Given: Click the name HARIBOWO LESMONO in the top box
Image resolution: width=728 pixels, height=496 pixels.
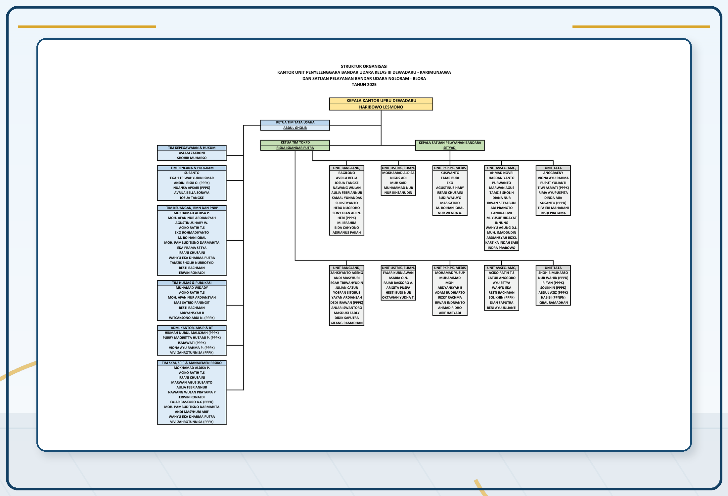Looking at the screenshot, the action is (x=381, y=107).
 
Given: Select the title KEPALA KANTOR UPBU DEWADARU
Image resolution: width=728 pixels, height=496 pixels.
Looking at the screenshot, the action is (x=381, y=101).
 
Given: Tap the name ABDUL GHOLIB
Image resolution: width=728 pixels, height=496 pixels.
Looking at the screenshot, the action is (x=295, y=128).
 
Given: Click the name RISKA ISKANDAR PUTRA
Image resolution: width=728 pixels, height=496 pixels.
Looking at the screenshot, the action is (x=295, y=148).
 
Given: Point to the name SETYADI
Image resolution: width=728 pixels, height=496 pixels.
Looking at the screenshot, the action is (x=450, y=148).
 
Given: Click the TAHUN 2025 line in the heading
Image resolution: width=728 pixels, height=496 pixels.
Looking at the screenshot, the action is (x=364, y=85).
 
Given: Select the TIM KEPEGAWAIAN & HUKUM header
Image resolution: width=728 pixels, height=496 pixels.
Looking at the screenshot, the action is (x=192, y=148).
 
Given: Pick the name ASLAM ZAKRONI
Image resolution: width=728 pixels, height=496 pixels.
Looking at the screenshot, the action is (x=192, y=153).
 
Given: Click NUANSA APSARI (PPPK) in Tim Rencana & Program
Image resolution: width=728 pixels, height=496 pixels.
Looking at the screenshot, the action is (x=192, y=188).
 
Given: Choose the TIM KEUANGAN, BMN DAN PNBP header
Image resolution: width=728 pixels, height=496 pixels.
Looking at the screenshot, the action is (x=192, y=208).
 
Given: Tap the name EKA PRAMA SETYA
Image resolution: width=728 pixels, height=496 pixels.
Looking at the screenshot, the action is (x=192, y=248).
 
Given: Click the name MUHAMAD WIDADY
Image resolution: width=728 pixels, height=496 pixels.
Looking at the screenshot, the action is (x=192, y=288).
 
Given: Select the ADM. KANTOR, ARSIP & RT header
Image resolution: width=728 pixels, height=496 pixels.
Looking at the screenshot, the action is (x=192, y=328).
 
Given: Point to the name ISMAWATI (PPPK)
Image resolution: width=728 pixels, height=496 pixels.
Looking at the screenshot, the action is (x=192, y=343).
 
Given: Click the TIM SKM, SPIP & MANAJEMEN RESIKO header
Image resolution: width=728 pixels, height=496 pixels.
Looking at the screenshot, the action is (x=192, y=363).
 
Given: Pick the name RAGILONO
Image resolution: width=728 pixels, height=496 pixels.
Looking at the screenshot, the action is (x=346, y=173).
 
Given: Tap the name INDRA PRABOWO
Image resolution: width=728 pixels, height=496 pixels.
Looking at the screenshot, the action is (x=501, y=248).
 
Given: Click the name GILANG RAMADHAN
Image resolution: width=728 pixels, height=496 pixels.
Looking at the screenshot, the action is (x=346, y=323).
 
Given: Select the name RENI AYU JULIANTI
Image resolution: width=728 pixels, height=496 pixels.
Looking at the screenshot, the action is (x=501, y=308).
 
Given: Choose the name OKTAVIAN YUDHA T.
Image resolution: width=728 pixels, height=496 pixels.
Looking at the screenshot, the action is (x=398, y=298).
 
